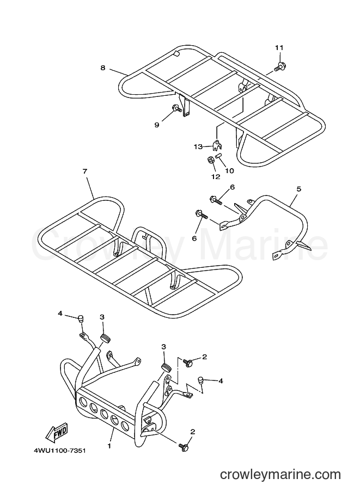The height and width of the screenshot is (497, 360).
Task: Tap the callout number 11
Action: (x=279, y=48)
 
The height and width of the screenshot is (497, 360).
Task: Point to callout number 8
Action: (x=103, y=68)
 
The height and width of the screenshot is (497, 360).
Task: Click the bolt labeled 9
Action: (x=178, y=108)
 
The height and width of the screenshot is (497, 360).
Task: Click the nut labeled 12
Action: (x=211, y=161)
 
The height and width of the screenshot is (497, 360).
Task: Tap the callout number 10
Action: (x=229, y=171)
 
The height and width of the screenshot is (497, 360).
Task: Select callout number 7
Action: (x=85, y=171)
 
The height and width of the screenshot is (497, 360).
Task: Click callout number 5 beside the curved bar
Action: (x=299, y=189)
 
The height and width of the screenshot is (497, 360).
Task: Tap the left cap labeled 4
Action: (x=81, y=318)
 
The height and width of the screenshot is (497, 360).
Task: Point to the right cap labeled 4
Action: (x=201, y=380)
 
